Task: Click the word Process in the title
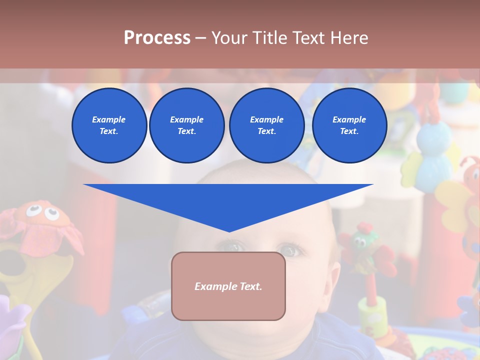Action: pyautogui.click(x=157, y=37)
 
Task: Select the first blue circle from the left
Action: pyautogui.click(x=109, y=125)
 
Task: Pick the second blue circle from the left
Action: pyautogui.click(x=186, y=125)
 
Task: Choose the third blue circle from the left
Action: pyautogui.click(x=266, y=125)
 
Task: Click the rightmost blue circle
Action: pyautogui.click(x=349, y=125)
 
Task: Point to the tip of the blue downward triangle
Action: pyautogui.click(x=229, y=230)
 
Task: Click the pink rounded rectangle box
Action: pyautogui.click(x=228, y=286)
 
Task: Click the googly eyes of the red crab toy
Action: pyautogui.click(x=42, y=212)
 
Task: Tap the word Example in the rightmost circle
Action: pyautogui.click(x=349, y=119)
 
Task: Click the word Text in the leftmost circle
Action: pyautogui.click(x=108, y=131)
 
